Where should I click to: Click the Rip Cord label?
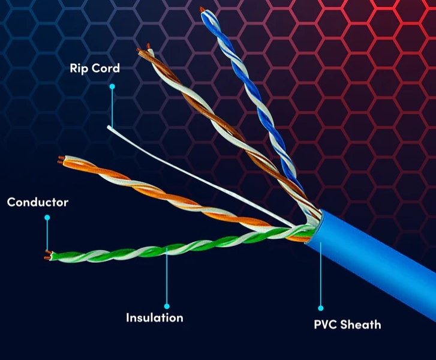pyautogui.click(x=95, y=68)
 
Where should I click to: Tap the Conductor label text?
pyautogui.click(x=38, y=202)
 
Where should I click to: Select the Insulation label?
pyautogui.click(x=155, y=318)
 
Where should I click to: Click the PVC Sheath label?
pyautogui.click(x=347, y=325)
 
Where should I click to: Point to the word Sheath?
pyautogui.click(x=360, y=325)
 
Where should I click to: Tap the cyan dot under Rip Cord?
pyautogui.click(x=112, y=87)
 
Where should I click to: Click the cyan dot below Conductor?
pyautogui.click(x=47, y=217)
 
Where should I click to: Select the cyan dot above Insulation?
pyautogui.click(x=167, y=307)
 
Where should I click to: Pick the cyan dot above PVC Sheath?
pyautogui.click(x=321, y=308)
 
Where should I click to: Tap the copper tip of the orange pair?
pyautogui.click(x=61, y=160)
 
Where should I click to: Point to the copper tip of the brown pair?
pyautogui.click(x=142, y=49)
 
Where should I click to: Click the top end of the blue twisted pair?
pyautogui.click(x=202, y=10)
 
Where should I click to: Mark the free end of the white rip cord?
pyautogui.click(x=108, y=127)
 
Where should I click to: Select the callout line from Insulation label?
pyautogui.click(x=167, y=277)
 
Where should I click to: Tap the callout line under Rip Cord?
pyautogui.click(x=112, y=107)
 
